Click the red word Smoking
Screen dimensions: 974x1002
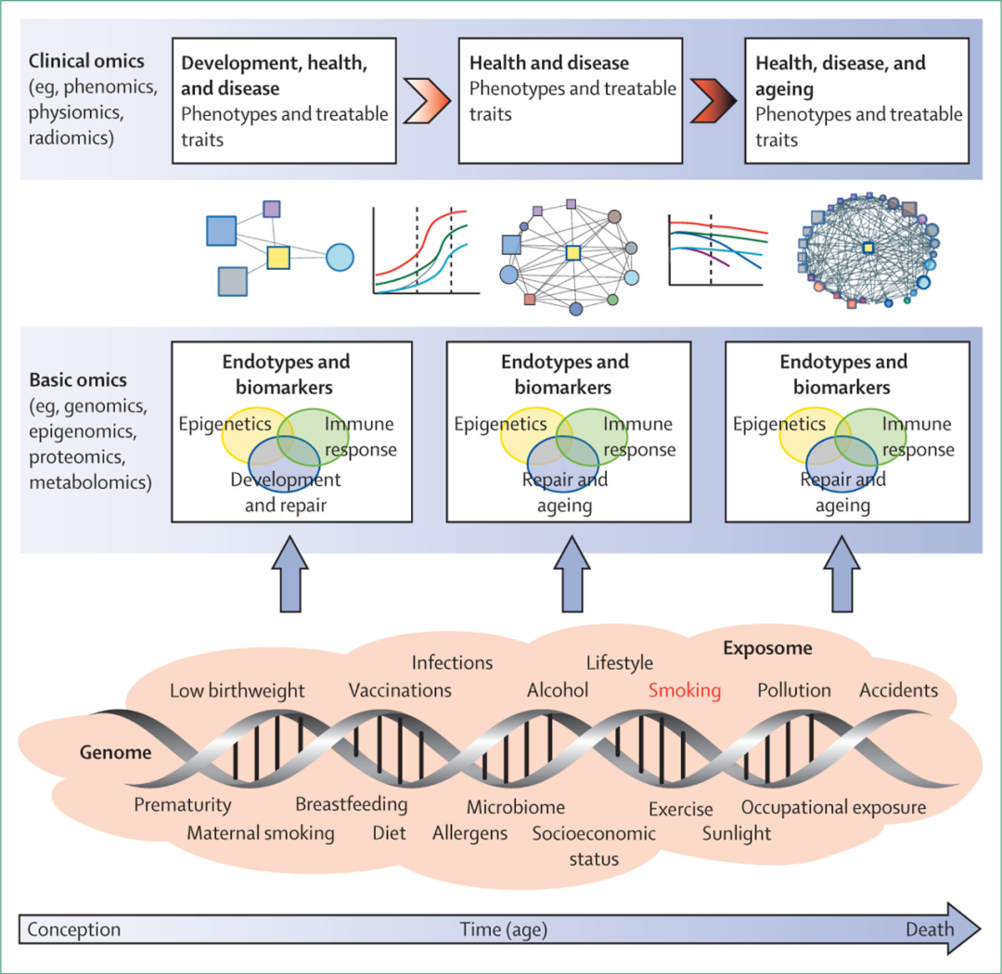pyautogui.click(x=685, y=690)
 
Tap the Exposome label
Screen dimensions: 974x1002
pyautogui.click(x=767, y=647)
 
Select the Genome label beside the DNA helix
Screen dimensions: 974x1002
pyautogui.click(x=115, y=753)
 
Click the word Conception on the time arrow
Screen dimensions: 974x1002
pyautogui.click(x=74, y=929)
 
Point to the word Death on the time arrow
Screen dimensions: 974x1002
pyautogui.click(x=931, y=929)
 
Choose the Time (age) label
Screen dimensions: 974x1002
pyautogui.click(x=504, y=929)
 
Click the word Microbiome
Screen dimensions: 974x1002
pyautogui.click(x=515, y=807)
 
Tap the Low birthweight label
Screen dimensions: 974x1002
pyautogui.click(x=238, y=690)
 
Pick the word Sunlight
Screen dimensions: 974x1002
pyautogui.click(x=737, y=832)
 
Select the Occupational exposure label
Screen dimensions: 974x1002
pyautogui.click(x=833, y=807)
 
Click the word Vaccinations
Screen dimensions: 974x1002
pyautogui.click(x=400, y=690)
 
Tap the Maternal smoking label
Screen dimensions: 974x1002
pyautogui.click(x=261, y=832)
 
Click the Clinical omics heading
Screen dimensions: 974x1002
pyautogui.click(x=87, y=62)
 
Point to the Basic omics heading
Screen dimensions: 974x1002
pyautogui.click(x=79, y=380)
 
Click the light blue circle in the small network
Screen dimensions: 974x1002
pyautogui.click(x=340, y=257)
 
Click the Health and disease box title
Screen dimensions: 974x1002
pyautogui.click(x=549, y=64)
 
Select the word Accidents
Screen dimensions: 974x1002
pyautogui.click(x=898, y=690)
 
